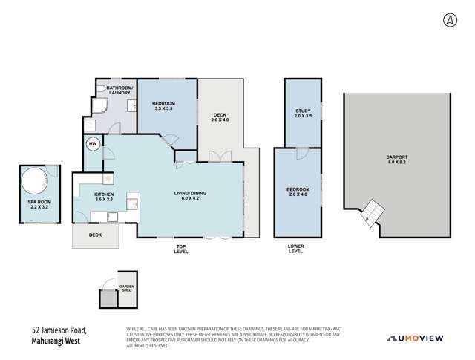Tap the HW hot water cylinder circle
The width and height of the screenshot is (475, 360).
[94, 144]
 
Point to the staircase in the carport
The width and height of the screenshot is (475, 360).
[370, 214]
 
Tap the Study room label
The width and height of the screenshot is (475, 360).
[303, 114]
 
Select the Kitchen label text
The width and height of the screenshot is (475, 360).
[104, 196]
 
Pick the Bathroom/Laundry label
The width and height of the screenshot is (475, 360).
[119, 92]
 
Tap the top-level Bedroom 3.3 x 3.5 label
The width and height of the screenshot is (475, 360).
[164, 105]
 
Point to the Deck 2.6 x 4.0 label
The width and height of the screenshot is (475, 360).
[221, 116]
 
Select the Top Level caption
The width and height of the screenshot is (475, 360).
[181, 249]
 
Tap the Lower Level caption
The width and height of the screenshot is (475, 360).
[296, 249]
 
